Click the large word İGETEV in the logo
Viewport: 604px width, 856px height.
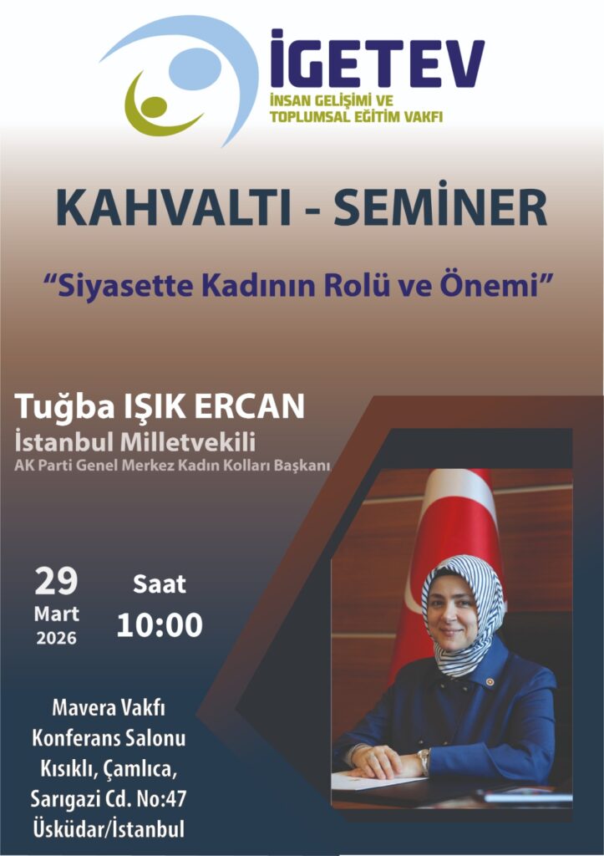pos(377,58)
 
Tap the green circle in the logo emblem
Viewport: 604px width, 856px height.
pos(154,107)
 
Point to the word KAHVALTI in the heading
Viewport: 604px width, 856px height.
pos(174,207)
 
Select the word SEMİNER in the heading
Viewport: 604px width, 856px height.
pos(440,205)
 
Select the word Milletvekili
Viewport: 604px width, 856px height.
pos(187,441)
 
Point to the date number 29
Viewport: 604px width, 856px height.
pos(56,582)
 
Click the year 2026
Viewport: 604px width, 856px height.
pos(56,638)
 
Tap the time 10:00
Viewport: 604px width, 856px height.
pos(160,625)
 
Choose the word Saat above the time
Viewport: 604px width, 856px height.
pos(160,583)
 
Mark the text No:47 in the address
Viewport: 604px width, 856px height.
pos(160,799)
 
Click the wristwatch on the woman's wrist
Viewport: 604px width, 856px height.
pos(424,759)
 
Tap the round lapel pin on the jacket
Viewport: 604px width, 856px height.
pos(490,682)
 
